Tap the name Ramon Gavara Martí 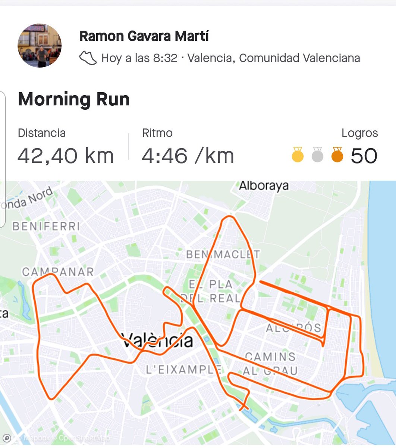(x=144, y=36)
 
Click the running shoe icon (x=88, y=58)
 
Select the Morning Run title (x=74, y=99)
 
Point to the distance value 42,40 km (x=66, y=156)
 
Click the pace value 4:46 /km (x=188, y=156)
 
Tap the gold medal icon (x=298, y=155)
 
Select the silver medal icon (x=317, y=155)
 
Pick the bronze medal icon (x=337, y=155)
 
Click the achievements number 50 (x=364, y=156)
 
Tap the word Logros (x=359, y=133)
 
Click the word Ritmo (x=157, y=133)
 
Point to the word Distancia (x=42, y=133)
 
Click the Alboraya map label (x=264, y=186)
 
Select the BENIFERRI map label (x=46, y=226)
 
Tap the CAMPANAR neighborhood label (x=58, y=272)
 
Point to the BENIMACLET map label (x=223, y=255)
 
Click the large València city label (x=157, y=340)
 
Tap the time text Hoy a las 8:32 (x=139, y=58)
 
